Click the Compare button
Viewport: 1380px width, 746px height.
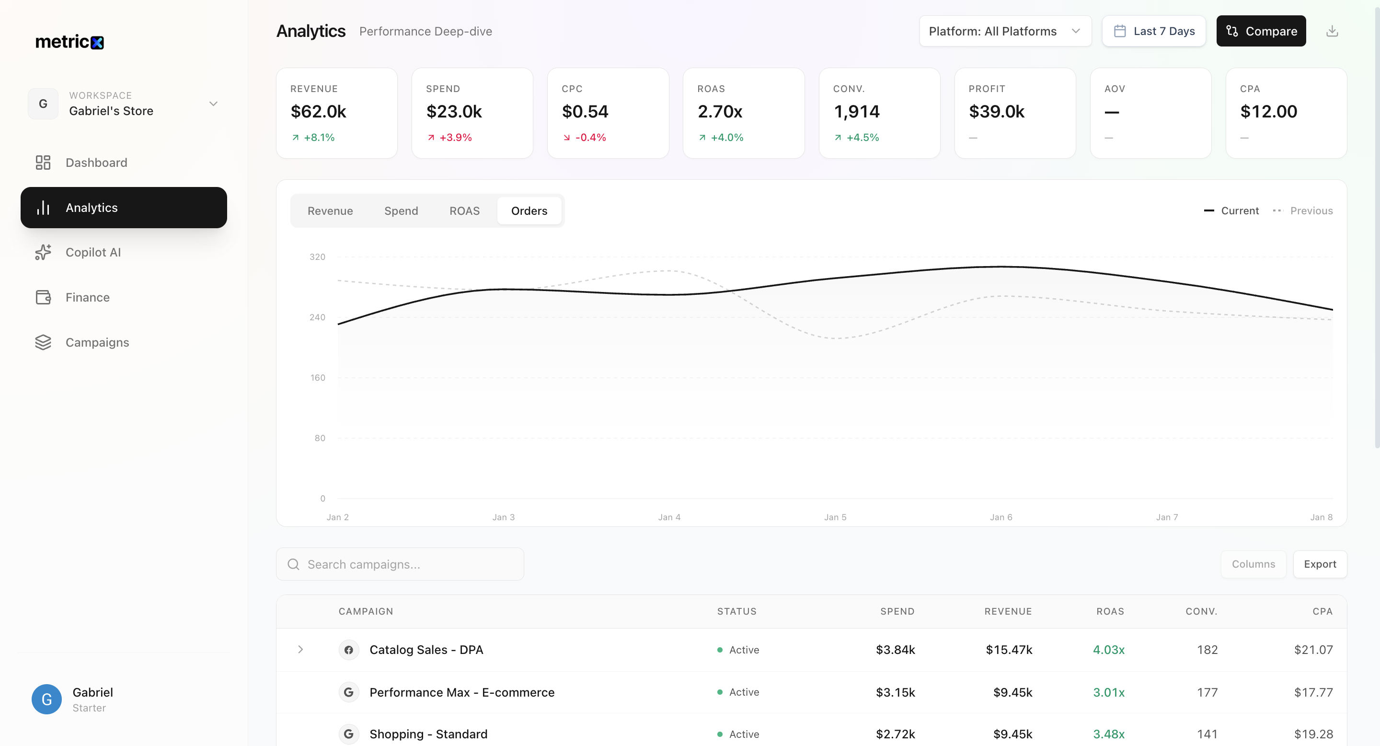tap(1261, 31)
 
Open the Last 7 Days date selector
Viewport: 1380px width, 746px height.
tap(1153, 31)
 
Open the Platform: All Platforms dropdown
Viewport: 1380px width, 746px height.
tap(1004, 31)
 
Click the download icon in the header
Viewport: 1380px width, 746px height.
tap(1332, 31)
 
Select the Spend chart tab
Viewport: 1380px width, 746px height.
tap(401, 210)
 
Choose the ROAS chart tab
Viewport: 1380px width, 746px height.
tap(464, 210)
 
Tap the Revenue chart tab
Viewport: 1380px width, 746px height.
tap(330, 210)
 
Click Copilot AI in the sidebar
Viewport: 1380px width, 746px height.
tap(92, 252)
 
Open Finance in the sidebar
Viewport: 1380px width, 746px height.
tap(87, 297)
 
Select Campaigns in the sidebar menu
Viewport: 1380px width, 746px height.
tap(97, 342)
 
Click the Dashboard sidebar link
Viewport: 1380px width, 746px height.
tap(96, 163)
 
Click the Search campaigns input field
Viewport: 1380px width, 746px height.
tap(407, 564)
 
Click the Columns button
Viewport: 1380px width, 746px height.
tap(1253, 564)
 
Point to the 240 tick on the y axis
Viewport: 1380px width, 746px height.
tap(317, 317)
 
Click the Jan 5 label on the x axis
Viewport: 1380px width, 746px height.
tap(835, 517)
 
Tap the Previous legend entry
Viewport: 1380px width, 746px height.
tap(1311, 210)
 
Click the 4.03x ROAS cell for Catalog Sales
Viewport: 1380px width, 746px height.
tap(1108, 650)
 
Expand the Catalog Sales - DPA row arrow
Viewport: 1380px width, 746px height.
tap(300, 650)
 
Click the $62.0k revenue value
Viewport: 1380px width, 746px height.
tap(318, 112)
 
